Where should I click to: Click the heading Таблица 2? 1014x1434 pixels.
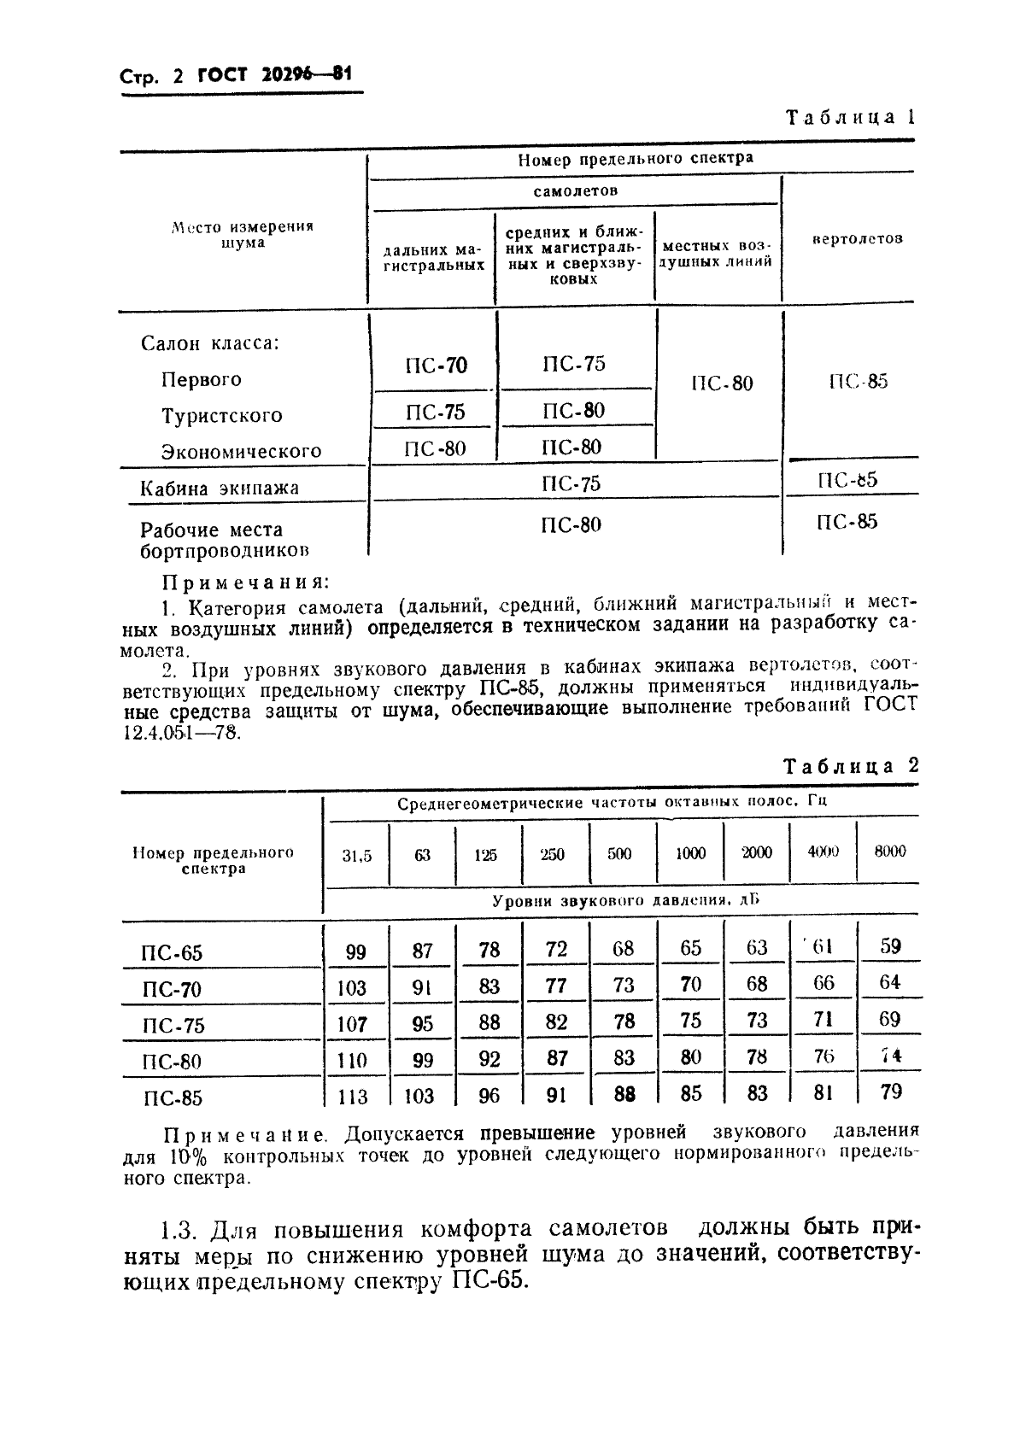pos(850,765)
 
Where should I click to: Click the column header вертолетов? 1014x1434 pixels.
pos(856,239)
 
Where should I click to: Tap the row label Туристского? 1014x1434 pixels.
pos(221,416)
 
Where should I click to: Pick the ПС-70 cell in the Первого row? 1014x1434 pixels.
pos(436,366)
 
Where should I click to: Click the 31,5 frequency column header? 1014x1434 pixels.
pos(357,855)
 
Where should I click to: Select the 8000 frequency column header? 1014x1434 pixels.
pos(890,852)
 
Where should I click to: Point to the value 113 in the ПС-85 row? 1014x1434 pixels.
pos(353,1097)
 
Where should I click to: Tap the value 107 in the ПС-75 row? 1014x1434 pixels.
pos(352,1024)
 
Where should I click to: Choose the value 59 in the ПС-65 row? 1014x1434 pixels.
pos(890,946)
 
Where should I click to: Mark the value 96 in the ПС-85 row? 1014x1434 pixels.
pos(489,1095)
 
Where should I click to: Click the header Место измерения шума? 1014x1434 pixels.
pos(243,235)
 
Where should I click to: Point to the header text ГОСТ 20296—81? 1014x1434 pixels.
pos(274,74)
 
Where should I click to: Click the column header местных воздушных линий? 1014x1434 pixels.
pos(718,254)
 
